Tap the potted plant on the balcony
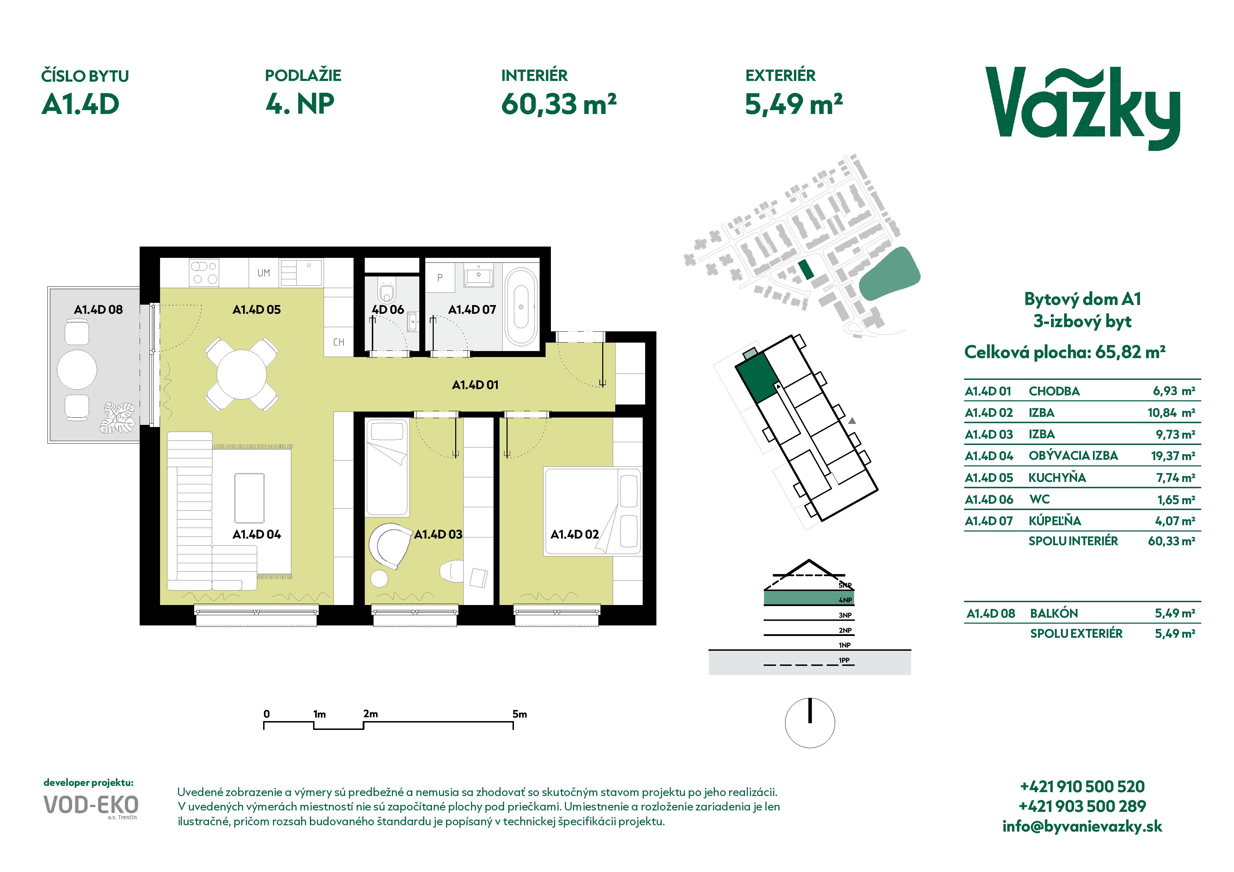pos(118,418)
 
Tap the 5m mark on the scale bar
pos(519,714)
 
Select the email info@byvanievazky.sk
pos(1082,826)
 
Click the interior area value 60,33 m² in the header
pos(558,104)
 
